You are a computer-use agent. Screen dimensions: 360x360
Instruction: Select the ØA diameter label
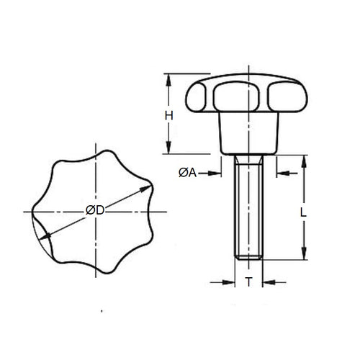(x=185, y=172)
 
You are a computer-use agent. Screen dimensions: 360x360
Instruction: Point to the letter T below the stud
(x=249, y=283)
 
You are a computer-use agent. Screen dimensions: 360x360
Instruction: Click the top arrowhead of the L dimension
(x=305, y=159)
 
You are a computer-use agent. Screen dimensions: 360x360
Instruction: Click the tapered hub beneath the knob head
(x=249, y=137)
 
